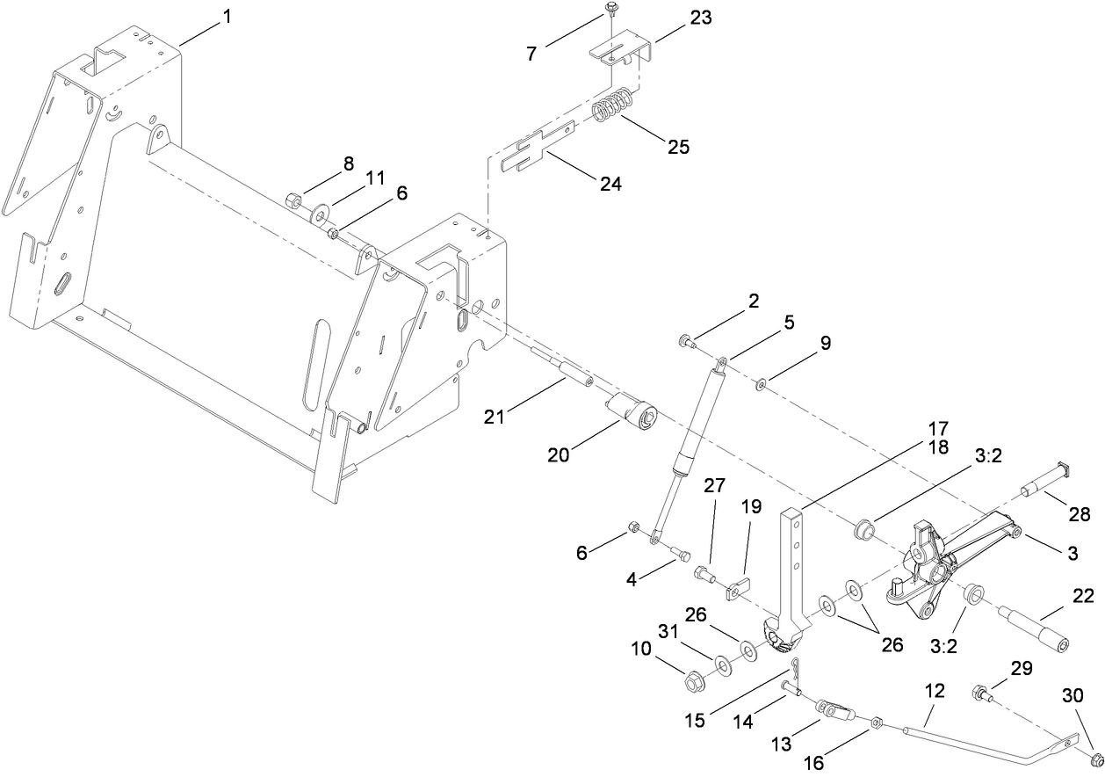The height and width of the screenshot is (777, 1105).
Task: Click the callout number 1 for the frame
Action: pos(227,16)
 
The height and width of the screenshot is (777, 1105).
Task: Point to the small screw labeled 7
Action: pos(610,11)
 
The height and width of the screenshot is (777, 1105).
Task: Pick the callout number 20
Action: pos(559,454)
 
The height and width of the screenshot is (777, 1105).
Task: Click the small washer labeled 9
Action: pos(761,382)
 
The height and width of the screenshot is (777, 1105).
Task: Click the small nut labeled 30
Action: pos(1095,758)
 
